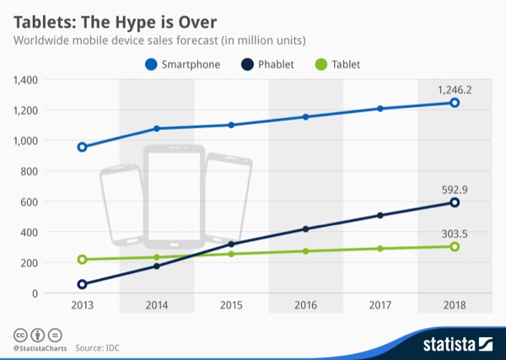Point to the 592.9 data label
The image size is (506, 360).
point(454,189)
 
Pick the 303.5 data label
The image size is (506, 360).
point(454,232)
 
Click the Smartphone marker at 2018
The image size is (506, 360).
point(454,103)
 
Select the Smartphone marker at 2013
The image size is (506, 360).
point(82,147)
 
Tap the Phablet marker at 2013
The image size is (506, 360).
point(82,284)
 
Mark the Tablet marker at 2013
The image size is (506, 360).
point(82,260)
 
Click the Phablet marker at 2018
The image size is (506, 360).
point(454,202)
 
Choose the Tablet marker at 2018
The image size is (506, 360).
point(454,246)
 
